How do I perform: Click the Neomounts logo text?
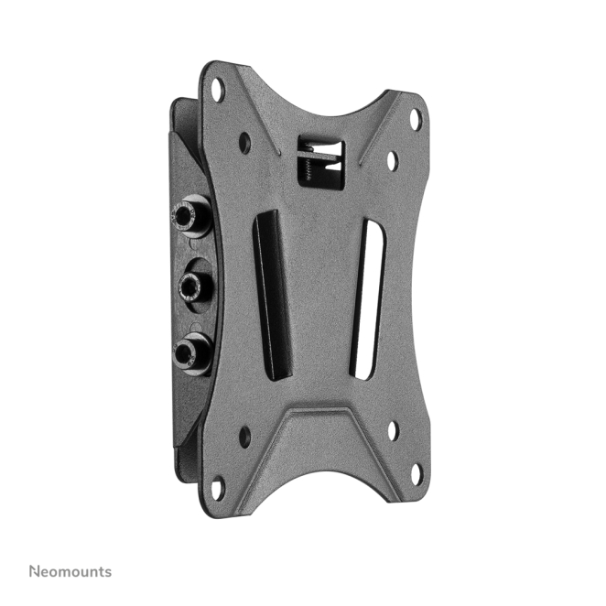[70, 571]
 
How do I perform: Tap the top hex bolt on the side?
[190, 215]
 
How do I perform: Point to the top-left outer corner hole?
[218, 90]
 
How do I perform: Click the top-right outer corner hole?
[416, 119]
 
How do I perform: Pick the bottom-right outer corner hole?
[417, 474]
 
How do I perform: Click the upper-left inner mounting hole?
[244, 143]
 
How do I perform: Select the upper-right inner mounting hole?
[393, 161]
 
